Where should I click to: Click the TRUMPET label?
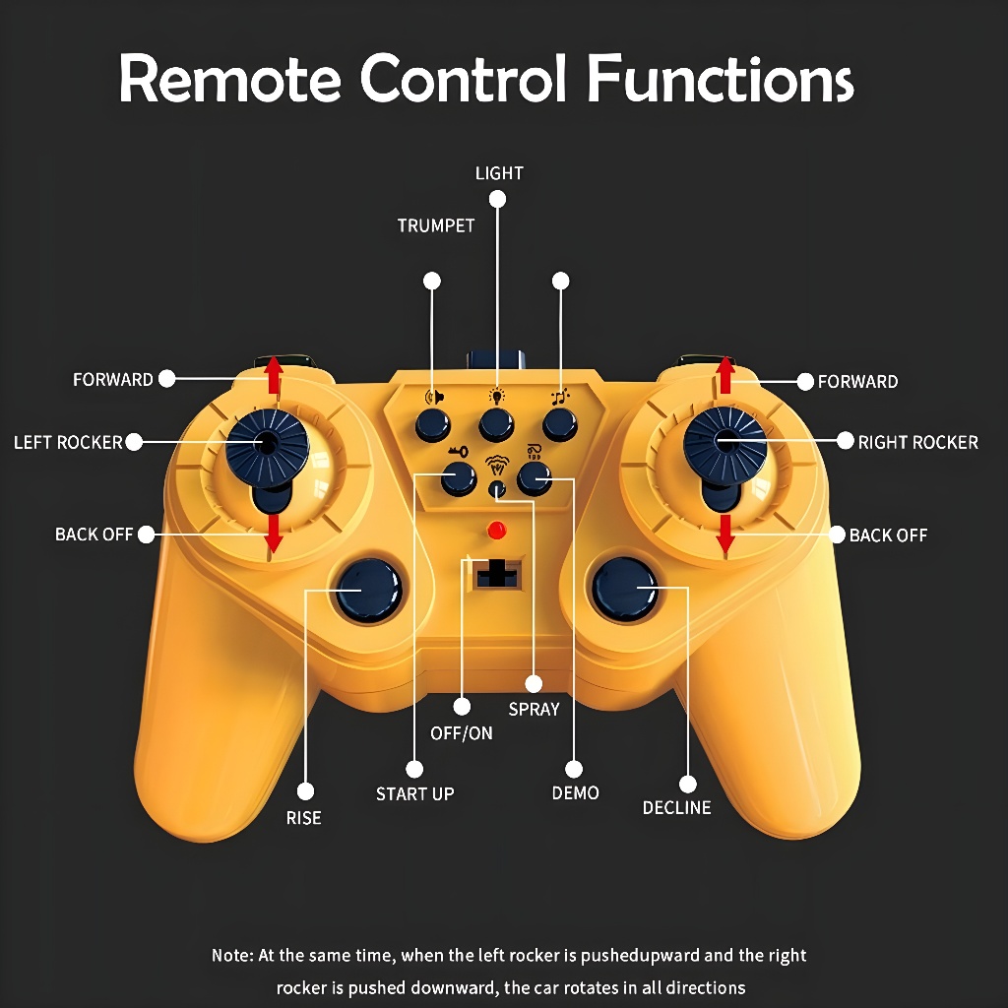[436, 225]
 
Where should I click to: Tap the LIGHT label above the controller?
[499, 173]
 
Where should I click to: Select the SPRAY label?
[534, 709]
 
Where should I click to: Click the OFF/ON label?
[462, 733]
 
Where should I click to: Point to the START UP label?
[414, 793]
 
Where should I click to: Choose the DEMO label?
[576, 793]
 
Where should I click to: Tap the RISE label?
[303, 818]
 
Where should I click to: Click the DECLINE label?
[676, 808]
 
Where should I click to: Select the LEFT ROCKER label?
[68, 443]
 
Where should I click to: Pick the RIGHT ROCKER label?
[918, 443]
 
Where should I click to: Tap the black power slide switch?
[497, 572]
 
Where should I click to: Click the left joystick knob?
[265, 444]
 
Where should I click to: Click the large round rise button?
[368, 591]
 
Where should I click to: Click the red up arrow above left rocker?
[274, 373]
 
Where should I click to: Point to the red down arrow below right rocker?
[725, 532]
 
